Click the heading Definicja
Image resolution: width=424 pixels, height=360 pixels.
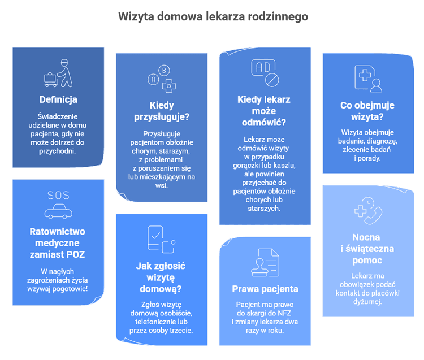pos(58,99)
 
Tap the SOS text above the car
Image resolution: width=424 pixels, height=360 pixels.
pos(58,195)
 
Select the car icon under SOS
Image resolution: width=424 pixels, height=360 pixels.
pos(58,211)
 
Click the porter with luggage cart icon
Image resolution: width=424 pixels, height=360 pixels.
pos(58,73)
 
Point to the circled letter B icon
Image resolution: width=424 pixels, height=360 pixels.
pos(164,71)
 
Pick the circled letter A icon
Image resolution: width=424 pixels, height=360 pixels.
pos(153,80)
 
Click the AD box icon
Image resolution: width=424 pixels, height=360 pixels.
pos(263,68)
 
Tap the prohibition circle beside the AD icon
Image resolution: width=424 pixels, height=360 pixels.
pos(272,80)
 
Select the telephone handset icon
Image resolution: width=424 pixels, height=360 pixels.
pos(373,215)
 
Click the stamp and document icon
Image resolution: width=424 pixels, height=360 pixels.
pos(265,262)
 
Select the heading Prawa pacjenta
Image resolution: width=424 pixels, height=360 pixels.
pos(265,289)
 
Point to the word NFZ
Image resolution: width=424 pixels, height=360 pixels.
pos(284,313)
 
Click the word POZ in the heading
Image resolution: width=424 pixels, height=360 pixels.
pos(75,254)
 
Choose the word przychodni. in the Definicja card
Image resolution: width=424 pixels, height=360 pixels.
pos(57,151)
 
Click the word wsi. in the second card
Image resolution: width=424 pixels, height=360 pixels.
pos(162,186)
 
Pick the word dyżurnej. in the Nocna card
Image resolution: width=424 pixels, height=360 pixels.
pos(367,302)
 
